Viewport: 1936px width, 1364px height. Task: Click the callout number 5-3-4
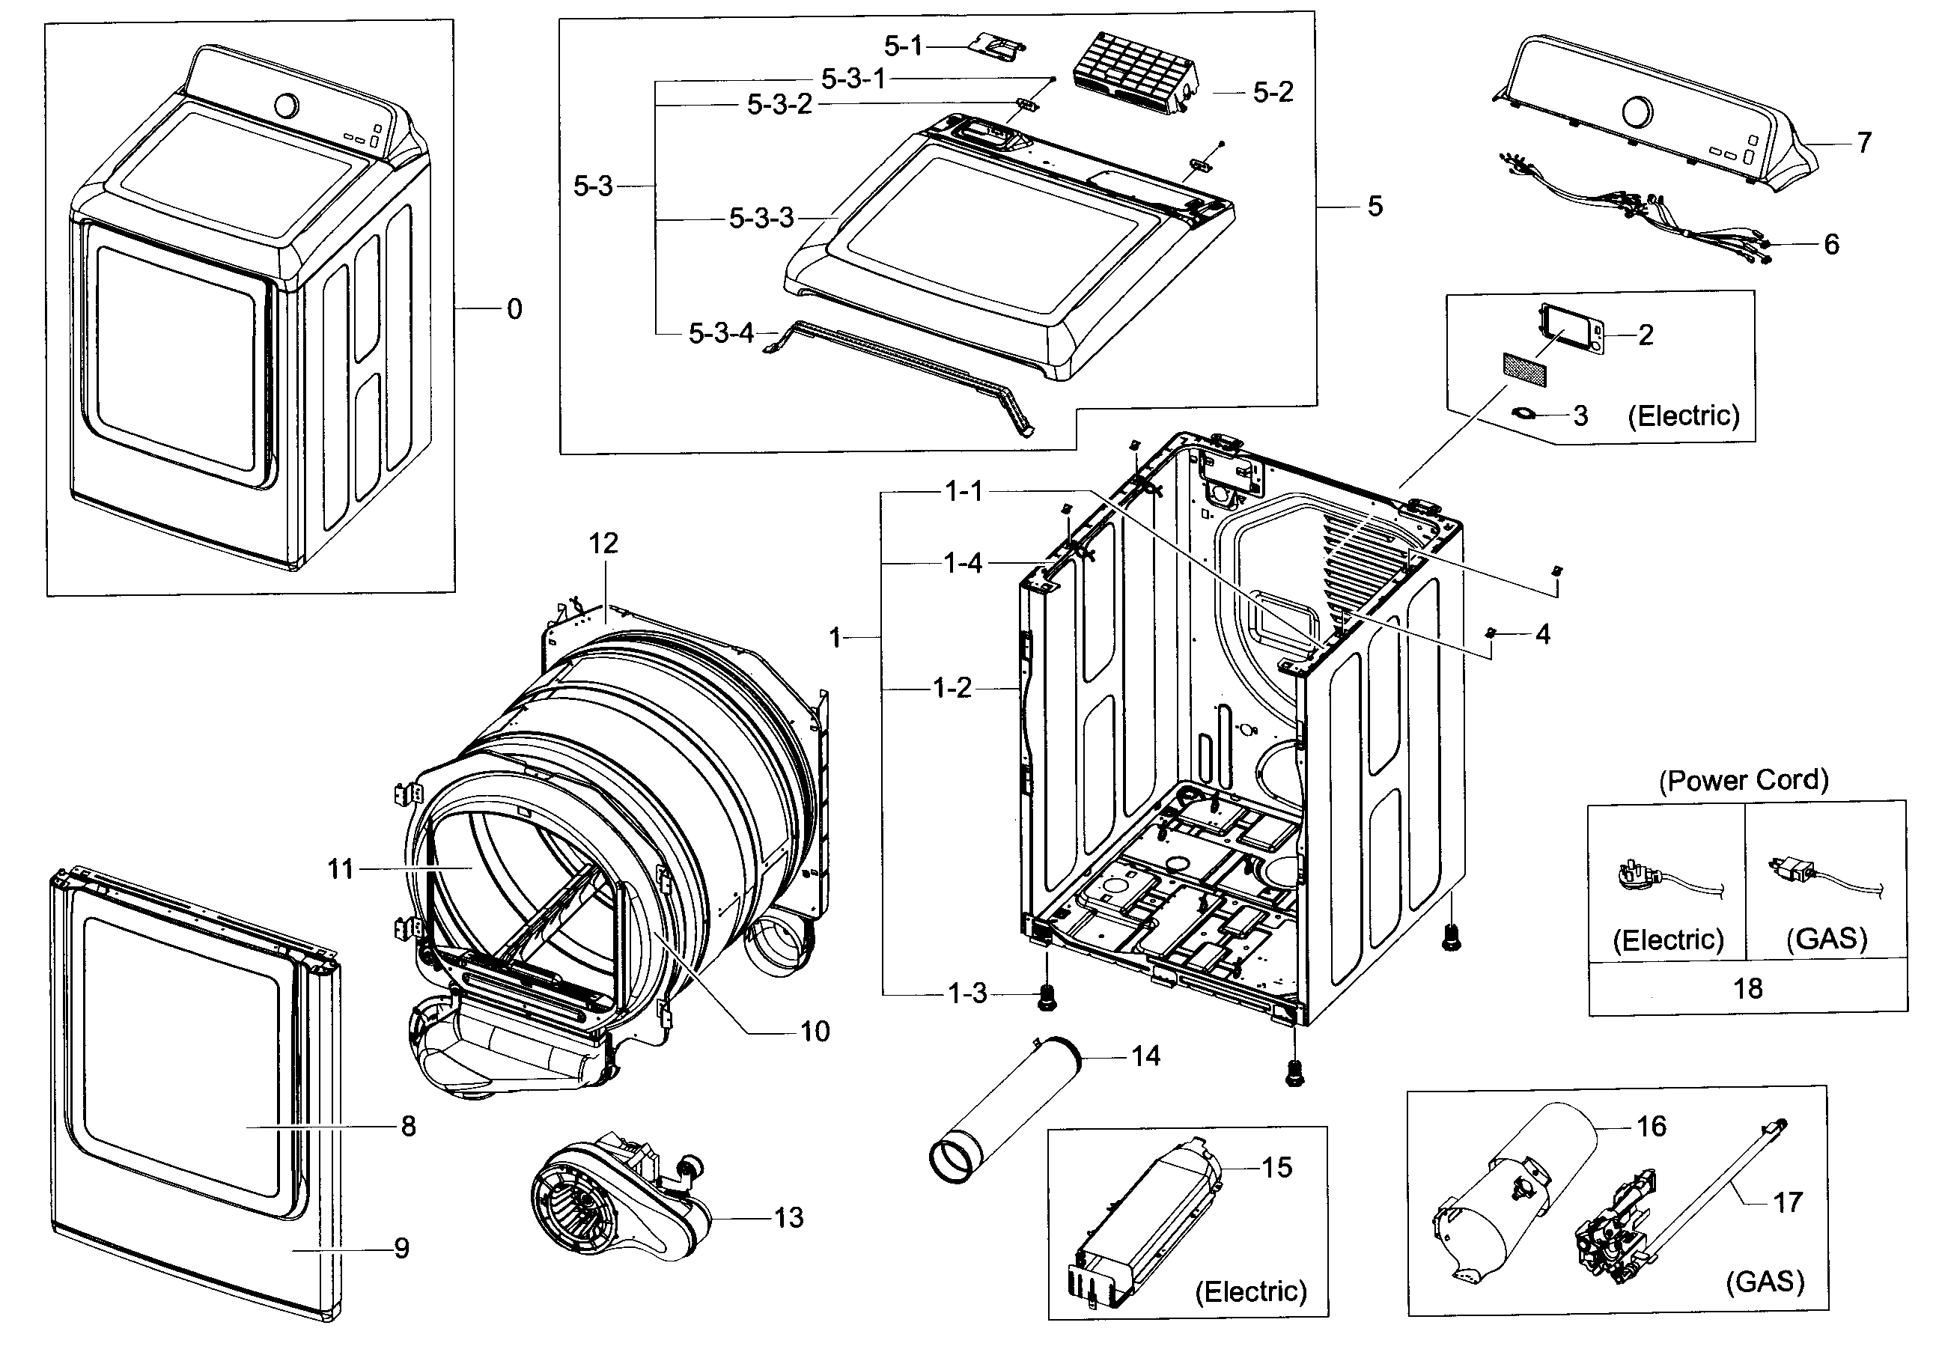click(x=721, y=334)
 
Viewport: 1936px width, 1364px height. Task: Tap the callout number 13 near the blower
click(x=788, y=1217)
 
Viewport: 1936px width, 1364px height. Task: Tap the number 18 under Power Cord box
click(x=1747, y=988)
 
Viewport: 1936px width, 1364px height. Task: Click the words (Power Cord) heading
click(x=1744, y=781)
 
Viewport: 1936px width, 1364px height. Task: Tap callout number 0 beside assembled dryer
click(x=514, y=309)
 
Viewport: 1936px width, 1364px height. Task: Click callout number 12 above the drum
click(x=603, y=544)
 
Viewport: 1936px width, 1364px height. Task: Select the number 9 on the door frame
click(x=401, y=1249)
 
